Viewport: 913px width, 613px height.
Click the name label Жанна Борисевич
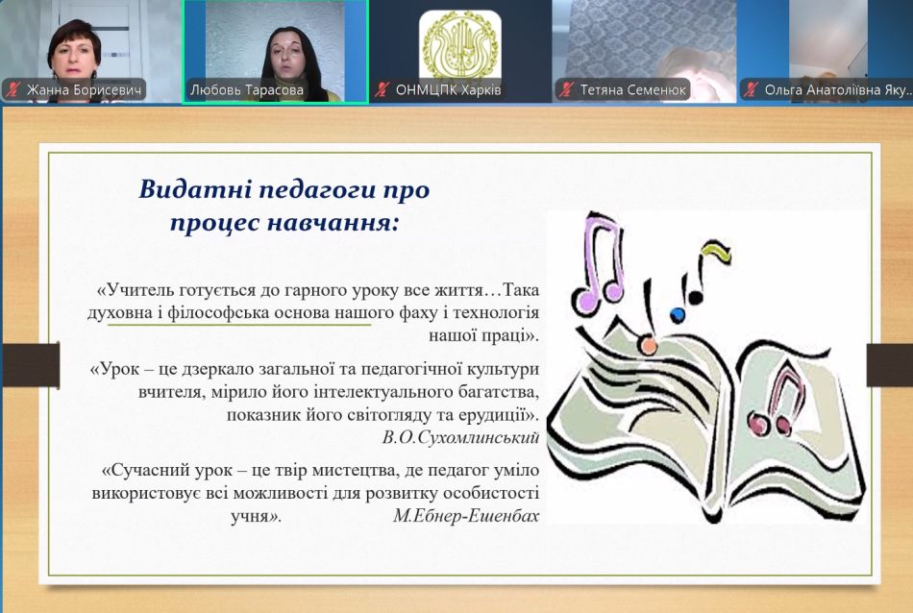(x=84, y=89)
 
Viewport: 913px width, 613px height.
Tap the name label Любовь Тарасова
(x=247, y=89)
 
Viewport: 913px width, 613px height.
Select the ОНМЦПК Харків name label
(x=448, y=89)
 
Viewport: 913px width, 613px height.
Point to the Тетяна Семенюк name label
(x=633, y=89)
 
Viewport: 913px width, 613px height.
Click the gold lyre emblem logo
(x=460, y=45)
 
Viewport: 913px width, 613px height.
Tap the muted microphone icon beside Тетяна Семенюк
(x=566, y=89)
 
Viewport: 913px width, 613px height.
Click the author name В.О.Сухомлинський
(x=460, y=437)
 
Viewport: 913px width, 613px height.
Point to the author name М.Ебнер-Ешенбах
(x=466, y=515)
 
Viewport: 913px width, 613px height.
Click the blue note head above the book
(x=678, y=315)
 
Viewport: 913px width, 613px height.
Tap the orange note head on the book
(x=648, y=345)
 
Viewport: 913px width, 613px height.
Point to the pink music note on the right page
(x=777, y=404)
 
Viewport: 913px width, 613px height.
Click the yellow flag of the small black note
(x=717, y=251)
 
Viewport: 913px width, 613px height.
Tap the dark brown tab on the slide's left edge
(x=31, y=365)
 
